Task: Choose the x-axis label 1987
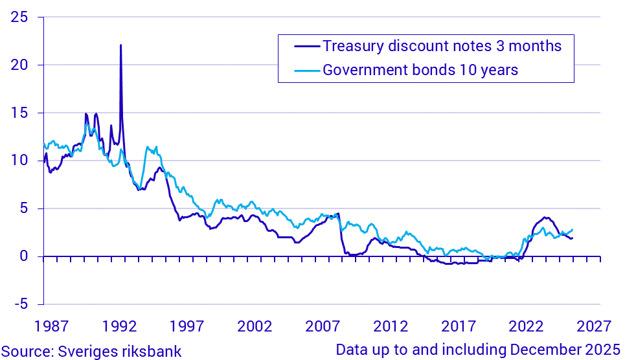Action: [x=54, y=324]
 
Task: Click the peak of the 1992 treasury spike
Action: [x=120, y=45]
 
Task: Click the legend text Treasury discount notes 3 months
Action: [x=442, y=47]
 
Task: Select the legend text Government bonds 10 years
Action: [x=420, y=70]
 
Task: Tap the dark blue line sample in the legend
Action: [x=301, y=47]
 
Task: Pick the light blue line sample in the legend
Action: [x=301, y=70]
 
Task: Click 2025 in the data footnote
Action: [x=602, y=350]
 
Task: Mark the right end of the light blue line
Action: [x=573, y=230]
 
